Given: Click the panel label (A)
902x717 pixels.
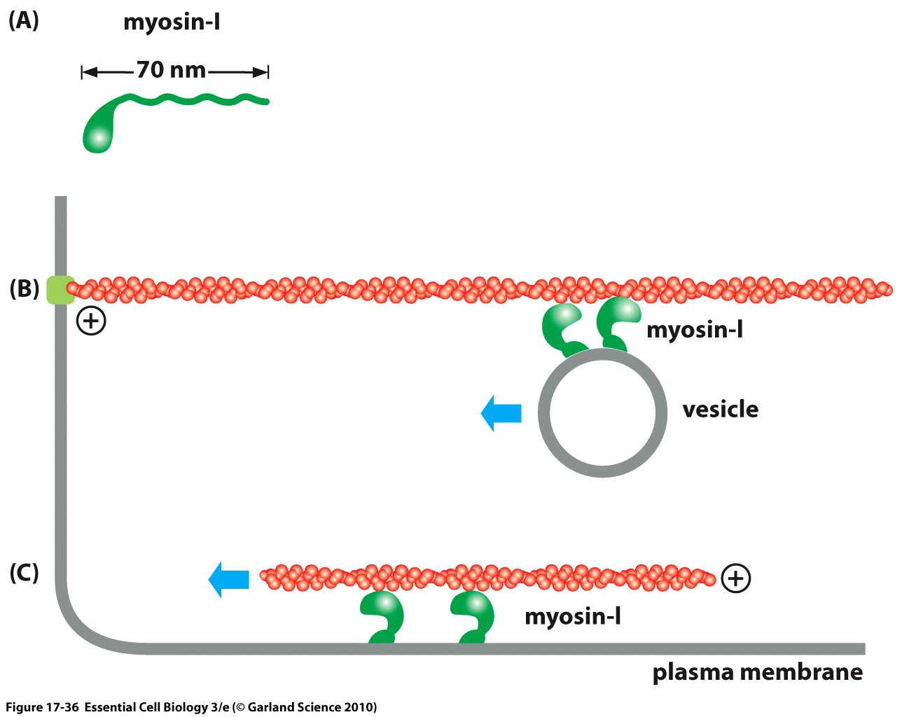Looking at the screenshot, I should (23, 20).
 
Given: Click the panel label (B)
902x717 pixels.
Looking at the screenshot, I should (24, 288).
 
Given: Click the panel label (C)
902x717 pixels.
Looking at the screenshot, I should (24, 573).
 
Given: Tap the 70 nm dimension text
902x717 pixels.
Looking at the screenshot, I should (171, 70).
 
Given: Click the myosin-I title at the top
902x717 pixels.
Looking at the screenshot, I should (172, 22).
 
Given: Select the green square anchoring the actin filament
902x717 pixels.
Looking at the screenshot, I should (60, 290).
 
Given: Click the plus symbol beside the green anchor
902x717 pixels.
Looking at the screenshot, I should (91, 321).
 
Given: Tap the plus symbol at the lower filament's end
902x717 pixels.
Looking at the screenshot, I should (735, 578).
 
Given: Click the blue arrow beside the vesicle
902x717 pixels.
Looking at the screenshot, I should (501, 412).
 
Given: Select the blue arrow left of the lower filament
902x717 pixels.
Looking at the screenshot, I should (229, 579).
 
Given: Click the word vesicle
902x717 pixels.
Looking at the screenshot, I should (720, 409).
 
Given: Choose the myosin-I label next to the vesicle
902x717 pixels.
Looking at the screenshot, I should (694, 329).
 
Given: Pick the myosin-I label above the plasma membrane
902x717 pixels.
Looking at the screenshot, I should (572, 616).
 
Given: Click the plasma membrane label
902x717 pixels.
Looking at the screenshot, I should (757, 672).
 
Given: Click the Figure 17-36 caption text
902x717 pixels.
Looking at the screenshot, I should (190, 706).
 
